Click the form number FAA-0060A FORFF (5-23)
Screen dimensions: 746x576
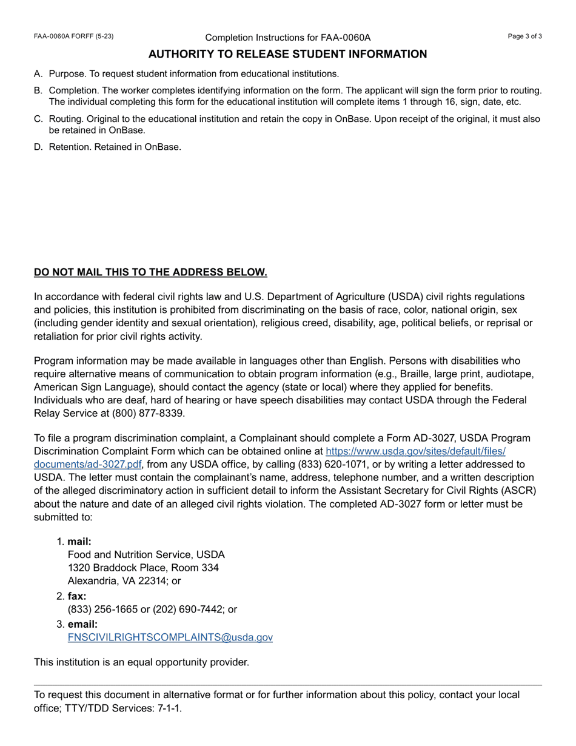pyautogui.click(x=73, y=36)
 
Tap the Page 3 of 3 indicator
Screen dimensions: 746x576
pyautogui.click(x=524, y=36)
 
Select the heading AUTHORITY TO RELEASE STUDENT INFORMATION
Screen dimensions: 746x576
pyautogui.click(x=287, y=55)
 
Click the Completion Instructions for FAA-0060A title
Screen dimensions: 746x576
pyautogui.click(x=287, y=38)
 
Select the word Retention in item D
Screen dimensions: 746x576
pyautogui.click(x=69, y=147)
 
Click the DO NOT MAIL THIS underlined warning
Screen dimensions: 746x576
pyautogui.click(x=150, y=272)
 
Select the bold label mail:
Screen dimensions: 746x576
pyautogui.click(x=79, y=542)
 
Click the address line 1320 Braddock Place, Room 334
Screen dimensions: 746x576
pyautogui.click(x=143, y=568)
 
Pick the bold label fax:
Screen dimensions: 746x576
pyautogui.click(x=77, y=596)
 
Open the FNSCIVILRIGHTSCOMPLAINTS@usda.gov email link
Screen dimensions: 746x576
pyautogui.click(x=170, y=637)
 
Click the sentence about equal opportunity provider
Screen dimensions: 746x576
pyautogui.click(x=141, y=662)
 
